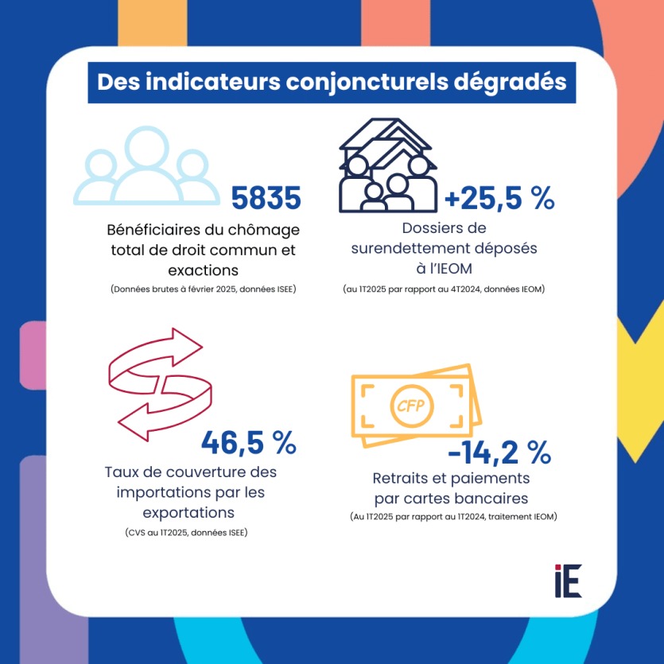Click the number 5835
point(266,198)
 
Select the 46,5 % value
point(248,441)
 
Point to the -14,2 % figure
point(499,453)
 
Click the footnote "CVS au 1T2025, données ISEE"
point(186,532)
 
